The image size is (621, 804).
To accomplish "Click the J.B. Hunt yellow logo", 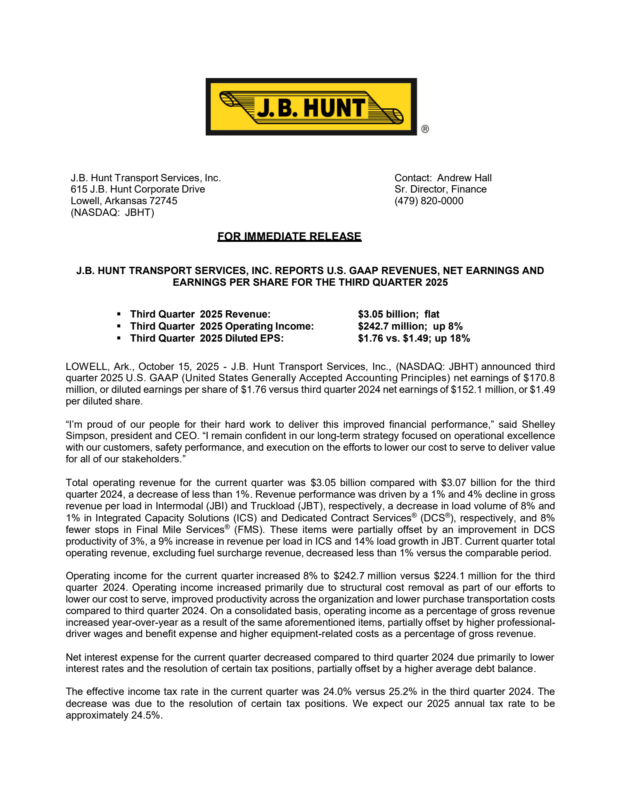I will click(311, 107).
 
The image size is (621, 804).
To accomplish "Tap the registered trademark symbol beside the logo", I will click(425, 129).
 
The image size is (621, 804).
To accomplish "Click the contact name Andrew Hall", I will click(464, 178).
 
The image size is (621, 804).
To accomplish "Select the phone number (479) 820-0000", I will click(429, 201).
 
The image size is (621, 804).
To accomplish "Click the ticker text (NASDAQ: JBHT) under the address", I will click(112, 212).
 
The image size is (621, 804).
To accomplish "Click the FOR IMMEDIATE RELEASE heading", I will click(289, 236).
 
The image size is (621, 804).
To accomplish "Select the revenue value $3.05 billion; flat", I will click(399, 314).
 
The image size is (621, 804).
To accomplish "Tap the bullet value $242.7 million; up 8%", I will click(410, 326).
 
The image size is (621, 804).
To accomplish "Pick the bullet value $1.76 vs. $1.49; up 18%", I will click(414, 338).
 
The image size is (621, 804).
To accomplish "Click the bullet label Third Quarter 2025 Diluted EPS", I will click(207, 338).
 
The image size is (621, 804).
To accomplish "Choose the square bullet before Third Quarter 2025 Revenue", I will click(119, 314).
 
